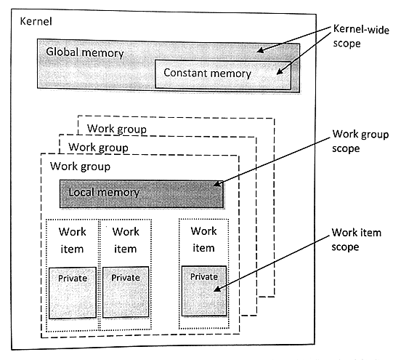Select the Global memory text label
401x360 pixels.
click(84, 53)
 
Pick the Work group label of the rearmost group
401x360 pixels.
click(116, 129)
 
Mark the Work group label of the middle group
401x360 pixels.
click(98, 148)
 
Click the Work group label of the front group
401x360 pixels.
click(79, 167)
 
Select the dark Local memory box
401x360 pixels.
click(142, 193)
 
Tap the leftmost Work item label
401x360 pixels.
click(72, 241)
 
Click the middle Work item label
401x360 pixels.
click(126, 241)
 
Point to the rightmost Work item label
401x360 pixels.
click(203, 241)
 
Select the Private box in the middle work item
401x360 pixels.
click(126, 292)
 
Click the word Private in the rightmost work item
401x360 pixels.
click(203, 277)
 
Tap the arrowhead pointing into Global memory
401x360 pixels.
click(260, 51)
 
